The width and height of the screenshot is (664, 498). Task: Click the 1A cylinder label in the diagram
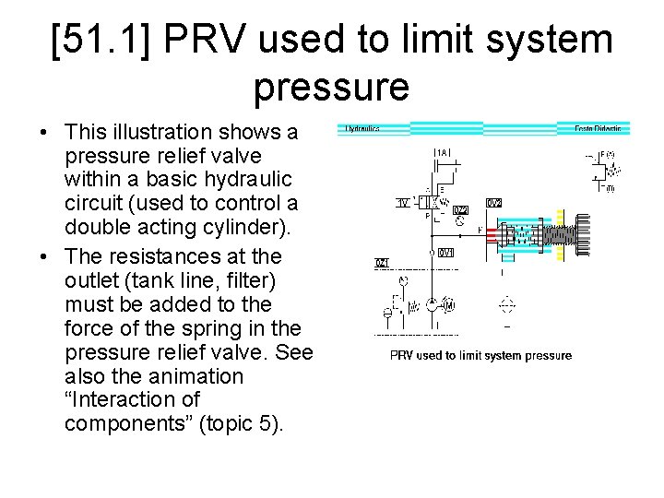point(443,152)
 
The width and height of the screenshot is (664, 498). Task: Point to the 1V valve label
point(403,203)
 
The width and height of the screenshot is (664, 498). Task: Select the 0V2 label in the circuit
point(494,203)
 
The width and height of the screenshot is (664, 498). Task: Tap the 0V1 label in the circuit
point(446,253)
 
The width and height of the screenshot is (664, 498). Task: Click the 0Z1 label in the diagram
point(382,264)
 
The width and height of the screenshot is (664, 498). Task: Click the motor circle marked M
point(449,305)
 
